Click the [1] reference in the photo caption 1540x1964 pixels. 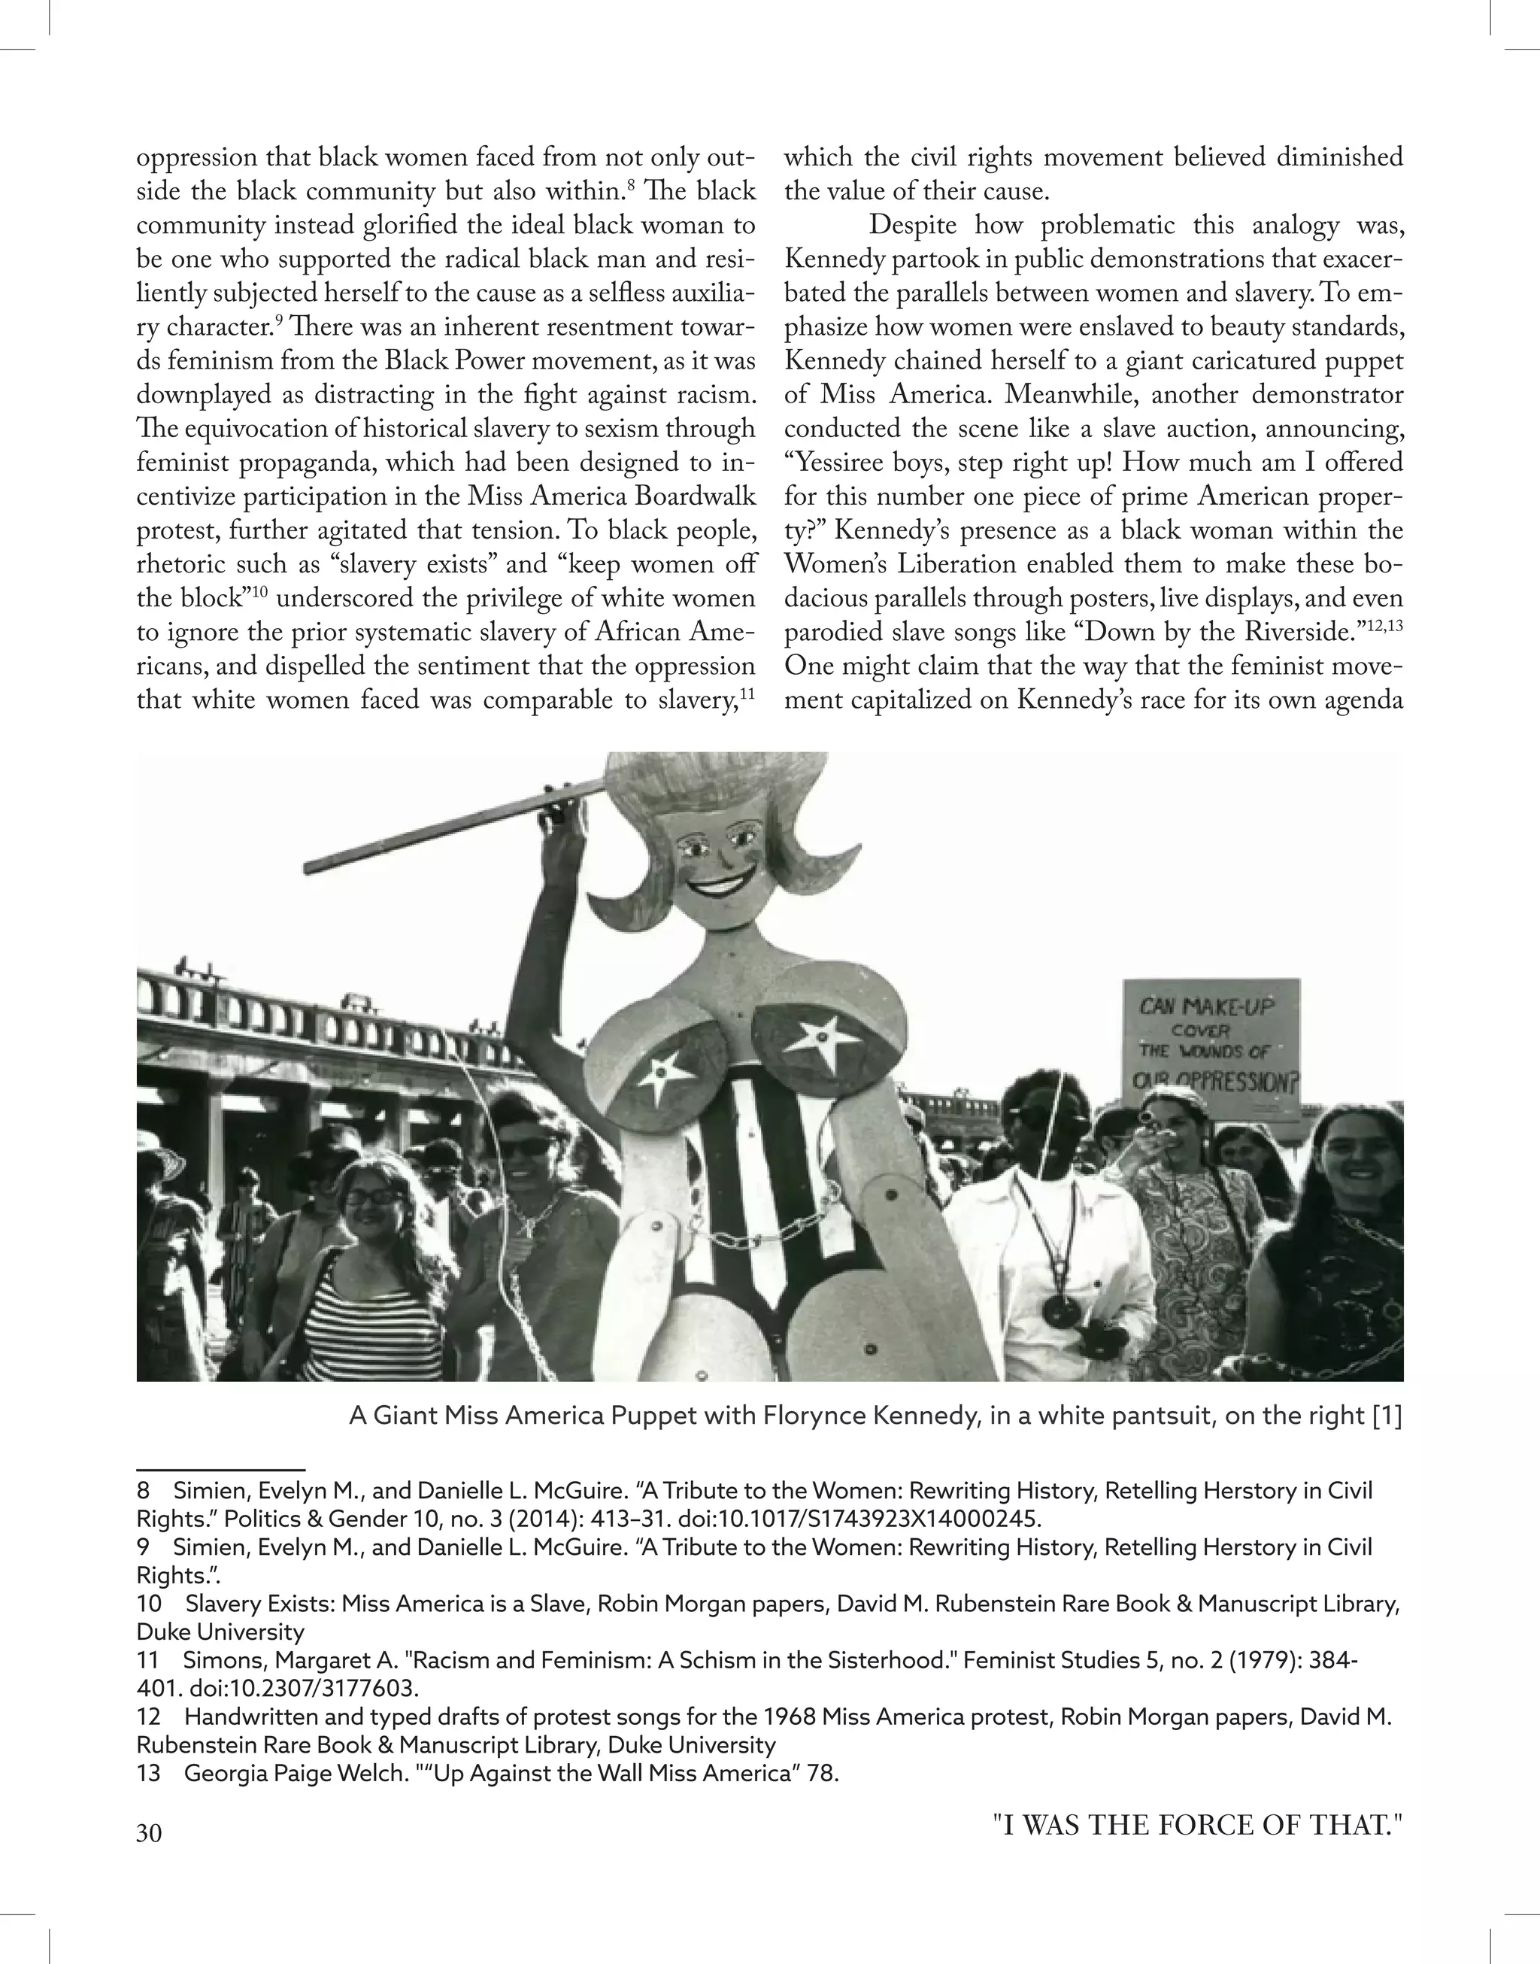[1386, 1416]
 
